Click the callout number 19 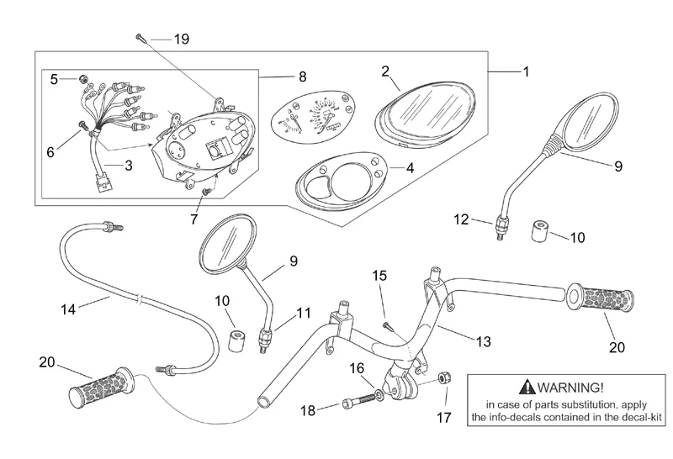[183, 39]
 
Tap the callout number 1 [526, 72]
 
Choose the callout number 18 [308, 409]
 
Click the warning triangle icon [527, 388]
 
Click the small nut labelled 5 [84, 79]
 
